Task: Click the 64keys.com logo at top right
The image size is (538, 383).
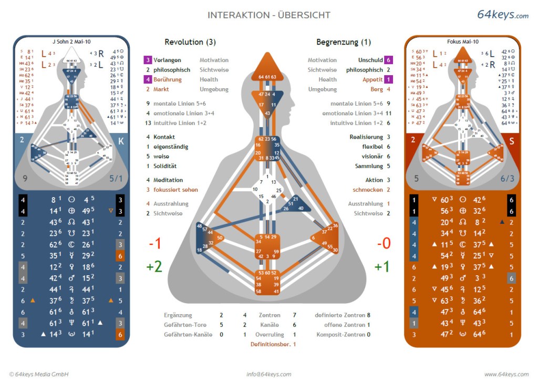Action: [502, 15]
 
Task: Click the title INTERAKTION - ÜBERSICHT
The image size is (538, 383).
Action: [269, 15]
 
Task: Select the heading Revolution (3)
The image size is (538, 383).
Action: [190, 42]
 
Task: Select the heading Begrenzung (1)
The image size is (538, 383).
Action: [344, 42]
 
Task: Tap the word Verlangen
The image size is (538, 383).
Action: [168, 60]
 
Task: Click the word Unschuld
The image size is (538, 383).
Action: [370, 60]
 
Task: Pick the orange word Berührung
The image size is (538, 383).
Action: [168, 80]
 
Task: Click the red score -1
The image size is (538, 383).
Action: [154, 244]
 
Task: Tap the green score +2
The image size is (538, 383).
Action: [154, 266]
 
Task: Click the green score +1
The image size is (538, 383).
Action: [382, 266]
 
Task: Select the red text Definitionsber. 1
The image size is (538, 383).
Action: [273, 344]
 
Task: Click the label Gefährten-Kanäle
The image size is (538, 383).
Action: [187, 335]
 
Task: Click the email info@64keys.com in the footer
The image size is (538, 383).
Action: [269, 374]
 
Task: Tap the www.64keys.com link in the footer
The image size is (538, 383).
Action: [506, 374]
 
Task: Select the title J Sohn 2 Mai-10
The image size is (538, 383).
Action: [71, 41]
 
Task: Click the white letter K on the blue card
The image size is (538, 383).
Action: [121, 141]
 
